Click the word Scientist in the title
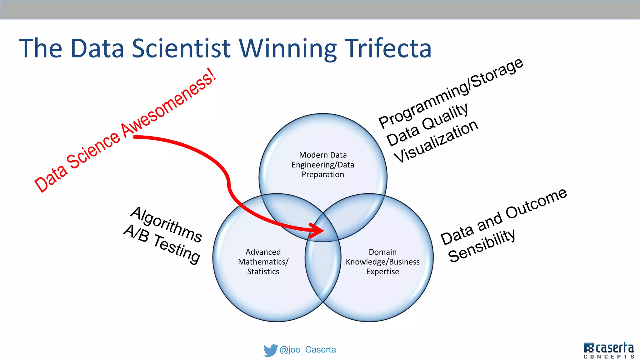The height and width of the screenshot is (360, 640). click(181, 48)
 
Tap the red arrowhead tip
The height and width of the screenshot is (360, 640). click(323, 231)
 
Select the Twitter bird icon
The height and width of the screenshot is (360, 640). click(270, 350)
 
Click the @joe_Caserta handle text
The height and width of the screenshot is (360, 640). click(307, 350)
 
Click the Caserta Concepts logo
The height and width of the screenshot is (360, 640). click(608, 350)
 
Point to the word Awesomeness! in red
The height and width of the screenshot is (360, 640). click(169, 103)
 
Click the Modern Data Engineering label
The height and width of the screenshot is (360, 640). click(323, 165)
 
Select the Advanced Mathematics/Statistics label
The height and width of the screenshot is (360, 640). click(263, 262)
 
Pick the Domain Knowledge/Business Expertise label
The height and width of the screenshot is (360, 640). click(382, 262)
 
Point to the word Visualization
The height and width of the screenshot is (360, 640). click(436, 141)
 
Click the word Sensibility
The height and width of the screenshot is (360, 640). click(482, 245)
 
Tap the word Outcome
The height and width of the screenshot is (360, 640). click(536, 203)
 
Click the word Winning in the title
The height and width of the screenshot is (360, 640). click(288, 48)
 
